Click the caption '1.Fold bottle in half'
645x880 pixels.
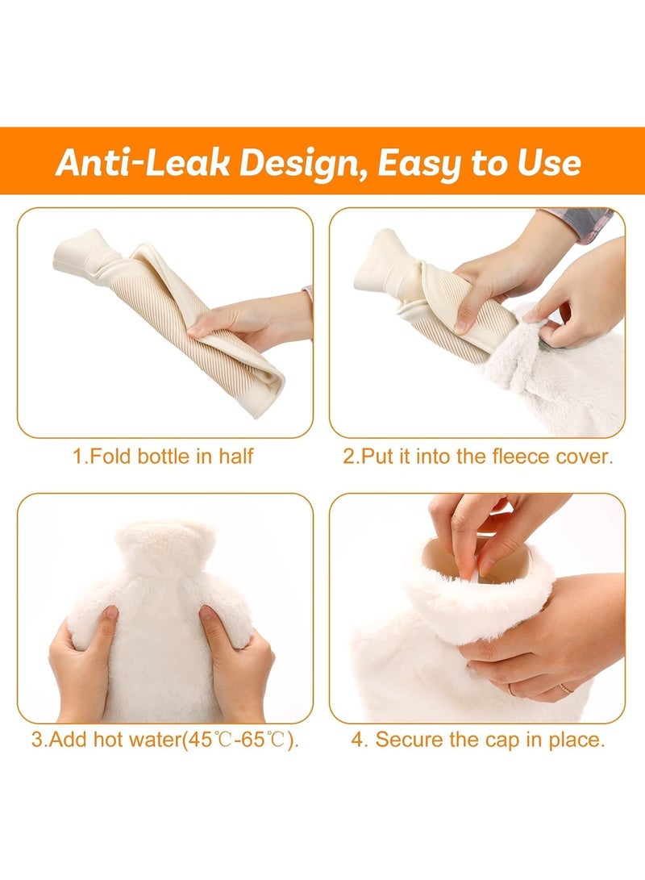tap(164, 457)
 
